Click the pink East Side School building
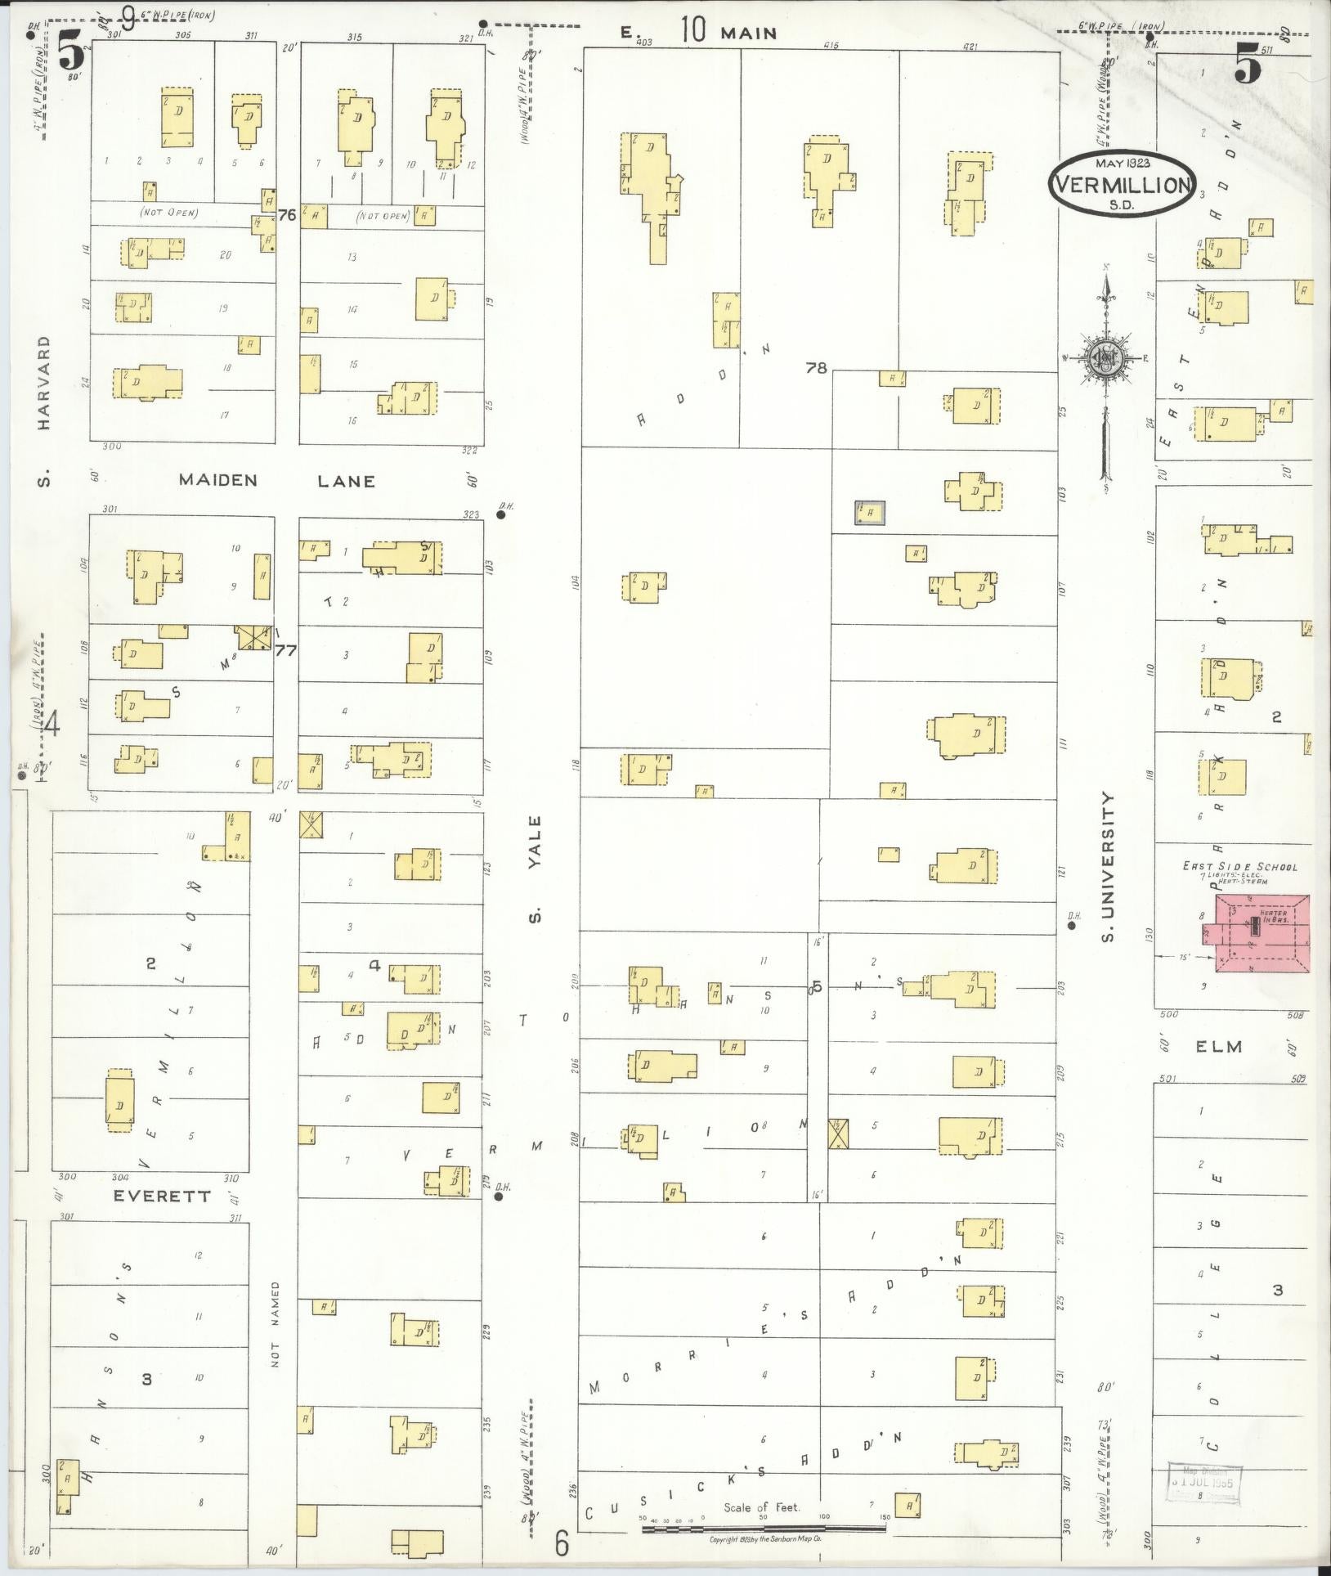pyautogui.click(x=1263, y=932)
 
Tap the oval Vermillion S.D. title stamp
pyautogui.click(x=1121, y=186)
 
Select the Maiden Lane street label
pyautogui.click(x=276, y=480)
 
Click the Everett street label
pyautogui.click(x=162, y=1196)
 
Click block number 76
pyautogui.click(x=286, y=216)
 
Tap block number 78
pyautogui.click(x=816, y=368)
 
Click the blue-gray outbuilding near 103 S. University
pyautogui.click(x=870, y=513)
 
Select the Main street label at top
pyautogui.click(x=747, y=33)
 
